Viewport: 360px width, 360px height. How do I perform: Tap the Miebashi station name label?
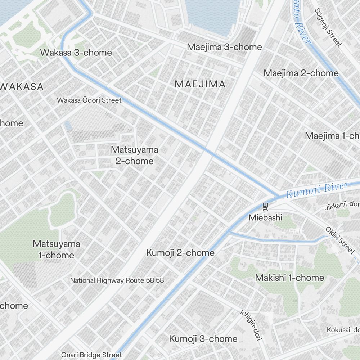point(265,217)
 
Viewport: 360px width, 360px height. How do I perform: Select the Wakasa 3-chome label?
point(76,53)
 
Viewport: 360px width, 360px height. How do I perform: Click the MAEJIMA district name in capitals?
point(200,84)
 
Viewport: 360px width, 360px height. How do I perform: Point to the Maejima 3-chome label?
point(224,47)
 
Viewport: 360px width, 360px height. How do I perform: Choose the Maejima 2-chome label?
point(301,73)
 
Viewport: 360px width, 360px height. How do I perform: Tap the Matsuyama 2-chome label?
point(134,155)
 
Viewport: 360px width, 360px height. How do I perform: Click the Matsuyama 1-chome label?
point(56,249)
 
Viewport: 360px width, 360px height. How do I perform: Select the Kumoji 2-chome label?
point(180,253)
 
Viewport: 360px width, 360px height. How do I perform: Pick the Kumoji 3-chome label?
point(203,339)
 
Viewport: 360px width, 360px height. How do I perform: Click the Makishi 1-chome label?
point(289,278)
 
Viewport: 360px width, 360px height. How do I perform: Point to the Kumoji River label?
point(317,190)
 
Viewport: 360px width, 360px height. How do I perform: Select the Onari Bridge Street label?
point(91,355)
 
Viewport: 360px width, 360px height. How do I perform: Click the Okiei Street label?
point(340,240)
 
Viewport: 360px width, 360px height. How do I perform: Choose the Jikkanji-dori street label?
point(342,205)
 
